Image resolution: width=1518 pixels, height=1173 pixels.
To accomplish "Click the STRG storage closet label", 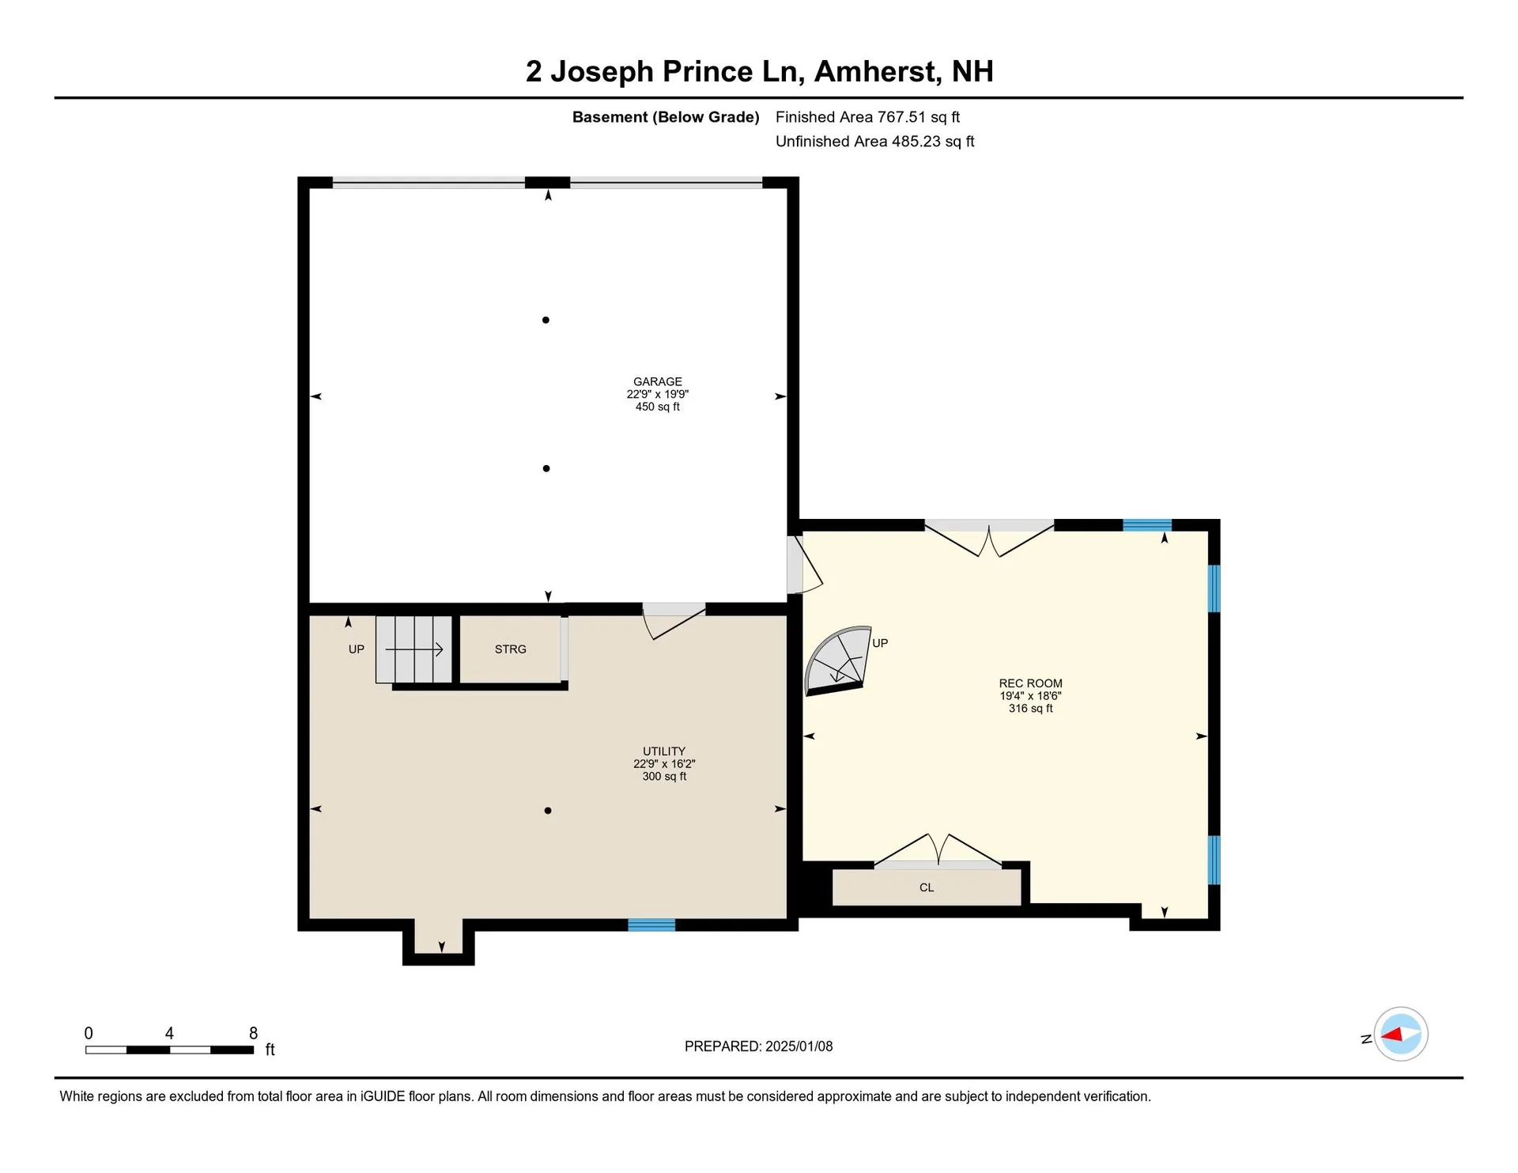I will coord(510,649).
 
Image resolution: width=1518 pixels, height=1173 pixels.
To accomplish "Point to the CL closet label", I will coord(927,887).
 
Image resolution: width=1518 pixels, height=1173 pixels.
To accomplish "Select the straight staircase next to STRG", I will coord(413,649).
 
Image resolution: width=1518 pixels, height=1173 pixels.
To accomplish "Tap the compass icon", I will coord(1400,1034).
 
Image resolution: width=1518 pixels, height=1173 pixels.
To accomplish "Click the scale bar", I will coord(169,1050).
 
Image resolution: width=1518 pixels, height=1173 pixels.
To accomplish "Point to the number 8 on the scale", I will coord(253,1033).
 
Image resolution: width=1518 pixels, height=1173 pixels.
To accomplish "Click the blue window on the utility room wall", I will coord(651,925).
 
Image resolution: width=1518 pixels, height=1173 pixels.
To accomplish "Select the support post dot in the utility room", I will coord(548,811).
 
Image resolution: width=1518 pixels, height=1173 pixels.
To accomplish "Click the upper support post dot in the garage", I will coord(546,320).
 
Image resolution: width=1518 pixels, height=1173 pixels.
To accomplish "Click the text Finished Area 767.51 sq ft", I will coord(867,117).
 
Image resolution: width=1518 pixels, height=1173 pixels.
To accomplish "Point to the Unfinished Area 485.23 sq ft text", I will coord(874,142).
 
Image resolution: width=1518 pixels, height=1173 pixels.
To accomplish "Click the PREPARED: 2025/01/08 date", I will coord(758,1046).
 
